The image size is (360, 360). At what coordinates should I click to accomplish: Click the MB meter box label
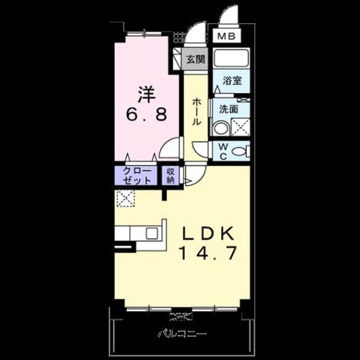point(226,36)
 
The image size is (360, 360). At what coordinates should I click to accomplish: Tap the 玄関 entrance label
point(195,59)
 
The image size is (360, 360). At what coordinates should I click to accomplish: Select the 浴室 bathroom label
point(232,81)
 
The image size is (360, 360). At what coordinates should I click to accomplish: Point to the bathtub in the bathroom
point(231,57)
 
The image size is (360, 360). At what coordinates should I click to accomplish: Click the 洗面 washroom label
point(229,109)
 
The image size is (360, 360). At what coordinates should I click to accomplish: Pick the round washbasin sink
point(221,129)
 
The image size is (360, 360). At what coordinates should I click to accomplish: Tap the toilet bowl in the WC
point(240,151)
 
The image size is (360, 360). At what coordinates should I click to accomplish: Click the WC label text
point(223,151)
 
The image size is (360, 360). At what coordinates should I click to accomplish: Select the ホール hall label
point(197,112)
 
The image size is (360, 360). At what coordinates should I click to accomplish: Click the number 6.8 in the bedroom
point(146,114)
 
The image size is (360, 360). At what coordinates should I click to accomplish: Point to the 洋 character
point(146,94)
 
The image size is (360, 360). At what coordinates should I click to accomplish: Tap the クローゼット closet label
point(137,175)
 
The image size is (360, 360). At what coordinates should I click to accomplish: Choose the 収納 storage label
point(170,175)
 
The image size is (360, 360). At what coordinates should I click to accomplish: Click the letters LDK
point(208,234)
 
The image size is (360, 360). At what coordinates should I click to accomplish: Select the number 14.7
point(208,253)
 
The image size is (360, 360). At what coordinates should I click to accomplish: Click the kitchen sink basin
point(152,233)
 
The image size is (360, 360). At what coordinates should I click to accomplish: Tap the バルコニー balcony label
point(182,334)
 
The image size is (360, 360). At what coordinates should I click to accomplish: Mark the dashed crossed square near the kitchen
point(126,198)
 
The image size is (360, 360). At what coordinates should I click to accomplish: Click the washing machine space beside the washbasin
point(241,127)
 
